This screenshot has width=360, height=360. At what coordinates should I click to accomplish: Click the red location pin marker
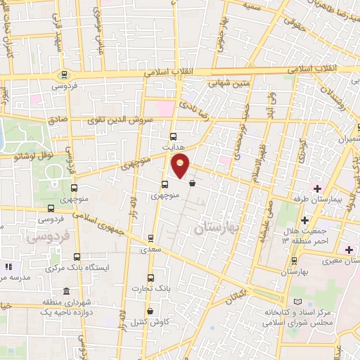tap(181, 167)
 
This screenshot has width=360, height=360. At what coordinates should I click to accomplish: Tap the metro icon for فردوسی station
tap(64, 75)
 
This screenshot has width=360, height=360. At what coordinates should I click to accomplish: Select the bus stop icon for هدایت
tap(173, 137)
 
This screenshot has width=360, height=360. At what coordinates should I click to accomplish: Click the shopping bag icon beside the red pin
tap(192, 184)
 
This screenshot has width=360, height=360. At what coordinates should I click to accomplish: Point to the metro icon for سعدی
tap(150, 238)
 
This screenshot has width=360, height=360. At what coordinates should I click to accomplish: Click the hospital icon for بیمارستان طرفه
tap(317, 188)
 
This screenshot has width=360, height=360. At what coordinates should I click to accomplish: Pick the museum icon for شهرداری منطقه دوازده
tap(66, 292)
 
